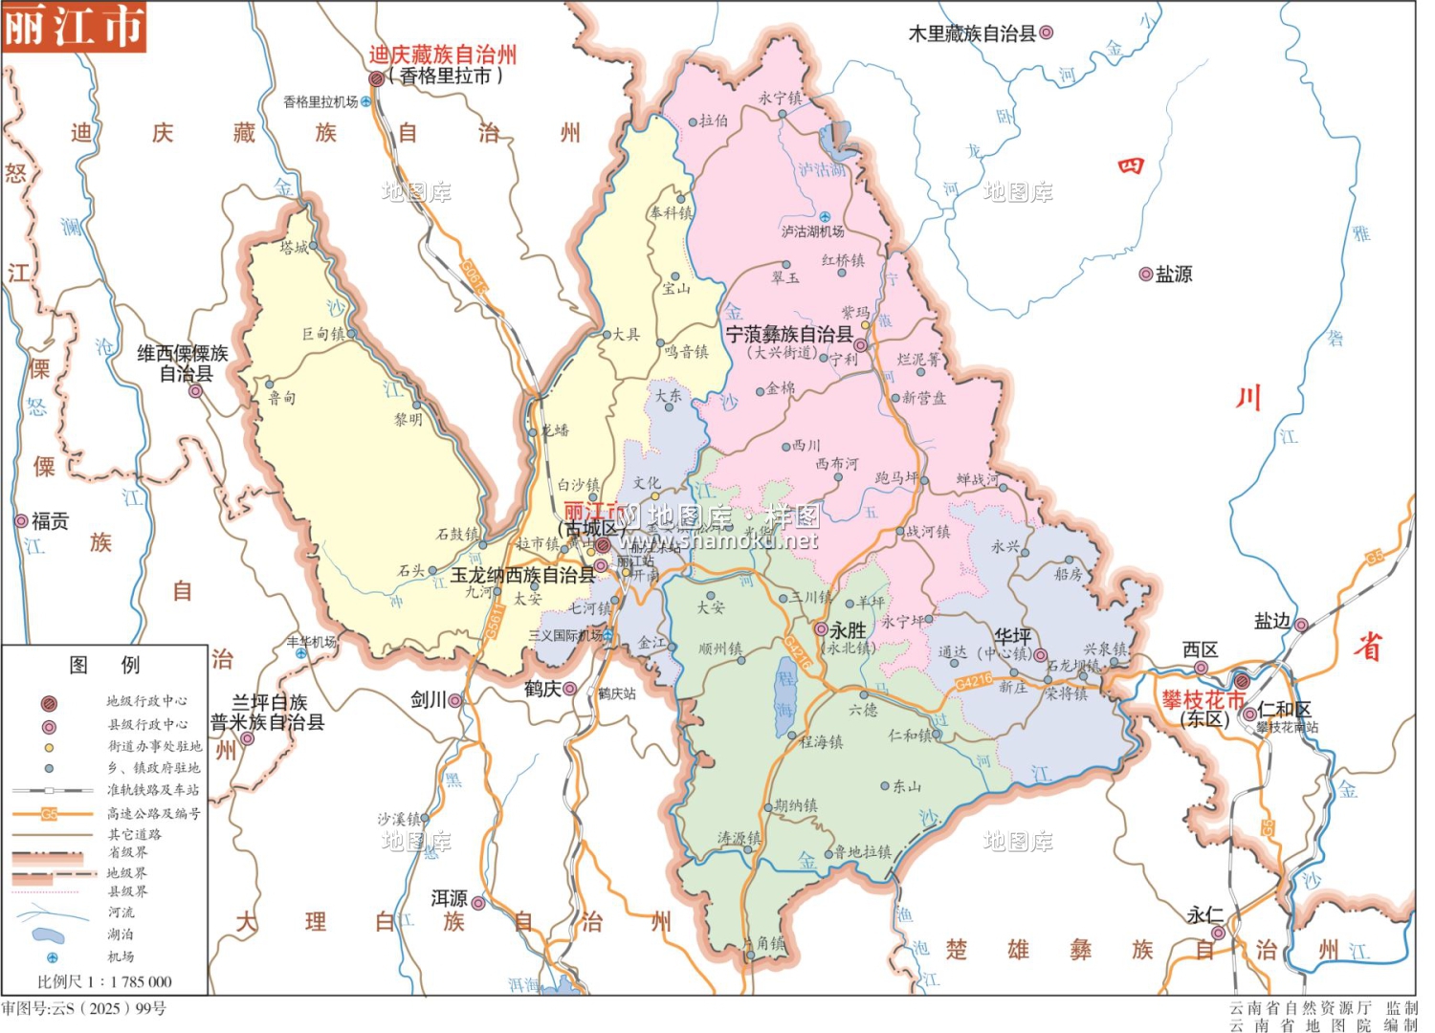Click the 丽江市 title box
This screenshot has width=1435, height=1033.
[x=74, y=26]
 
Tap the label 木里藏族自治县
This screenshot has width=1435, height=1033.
[x=972, y=33]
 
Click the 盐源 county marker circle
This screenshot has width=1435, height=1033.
[x=1145, y=275]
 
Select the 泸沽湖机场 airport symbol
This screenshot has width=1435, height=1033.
[x=825, y=217]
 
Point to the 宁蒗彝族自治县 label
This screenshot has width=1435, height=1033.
[x=788, y=335]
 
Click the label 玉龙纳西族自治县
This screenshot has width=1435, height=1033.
[x=523, y=575]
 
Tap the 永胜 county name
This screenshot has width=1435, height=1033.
[x=848, y=630]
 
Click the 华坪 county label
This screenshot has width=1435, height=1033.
[x=1012, y=636]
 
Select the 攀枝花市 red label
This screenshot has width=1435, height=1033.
[x=1202, y=699]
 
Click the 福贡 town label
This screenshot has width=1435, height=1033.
[x=50, y=521]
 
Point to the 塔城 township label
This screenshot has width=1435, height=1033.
[x=294, y=248]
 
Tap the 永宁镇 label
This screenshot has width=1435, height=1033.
[x=780, y=98]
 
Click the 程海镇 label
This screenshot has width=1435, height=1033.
[x=821, y=741]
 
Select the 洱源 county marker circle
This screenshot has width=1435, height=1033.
[x=477, y=903]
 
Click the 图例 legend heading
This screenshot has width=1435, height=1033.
[x=104, y=665]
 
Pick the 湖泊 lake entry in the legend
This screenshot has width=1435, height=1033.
[x=121, y=934]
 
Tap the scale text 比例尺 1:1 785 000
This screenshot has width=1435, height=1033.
[x=104, y=981]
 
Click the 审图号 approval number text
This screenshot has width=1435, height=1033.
[x=84, y=1008]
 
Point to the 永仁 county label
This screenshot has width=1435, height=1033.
[x=1204, y=915]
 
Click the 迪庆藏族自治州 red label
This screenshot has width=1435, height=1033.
[x=442, y=55]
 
